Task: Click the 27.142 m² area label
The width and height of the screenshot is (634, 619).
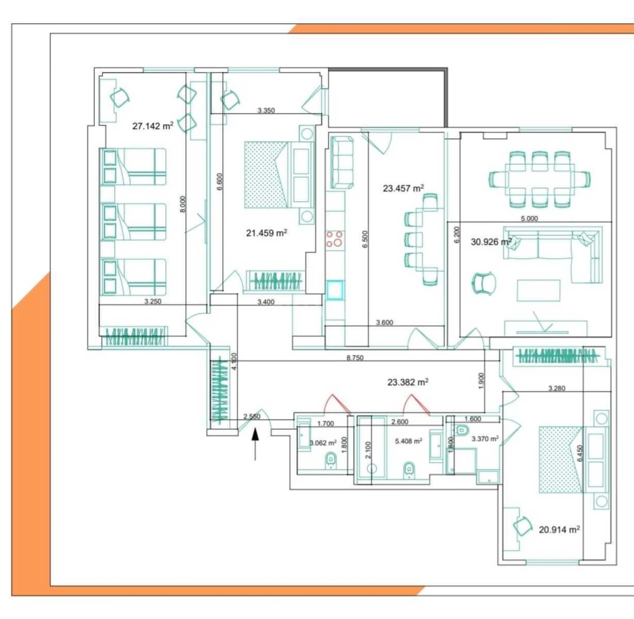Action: click(x=153, y=126)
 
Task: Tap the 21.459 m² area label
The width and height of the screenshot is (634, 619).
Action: click(x=266, y=233)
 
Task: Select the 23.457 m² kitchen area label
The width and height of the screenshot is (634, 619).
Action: click(x=403, y=188)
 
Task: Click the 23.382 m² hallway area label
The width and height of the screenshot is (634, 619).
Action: click(x=408, y=382)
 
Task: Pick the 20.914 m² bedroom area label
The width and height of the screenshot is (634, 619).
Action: click(x=559, y=530)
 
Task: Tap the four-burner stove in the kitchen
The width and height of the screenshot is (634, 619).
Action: click(x=334, y=239)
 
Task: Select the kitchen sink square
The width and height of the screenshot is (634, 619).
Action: click(x=335, y=290)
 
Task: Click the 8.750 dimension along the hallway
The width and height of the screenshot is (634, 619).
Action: click(x=354, y=358)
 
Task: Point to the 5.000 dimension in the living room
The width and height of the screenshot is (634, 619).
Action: click(x=529, y=219)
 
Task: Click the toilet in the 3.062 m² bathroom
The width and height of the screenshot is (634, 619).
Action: click(x=331, y=460)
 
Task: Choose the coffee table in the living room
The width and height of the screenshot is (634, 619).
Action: click(x=539, y=290)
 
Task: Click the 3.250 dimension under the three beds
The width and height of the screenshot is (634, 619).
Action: click(x=153, y=301)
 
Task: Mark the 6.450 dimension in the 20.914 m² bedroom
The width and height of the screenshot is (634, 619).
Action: click(x=579, y=453)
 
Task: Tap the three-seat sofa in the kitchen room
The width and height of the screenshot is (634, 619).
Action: click(x=342, y=162)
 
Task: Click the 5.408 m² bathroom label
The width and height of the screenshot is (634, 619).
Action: click(x=408, y=441)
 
